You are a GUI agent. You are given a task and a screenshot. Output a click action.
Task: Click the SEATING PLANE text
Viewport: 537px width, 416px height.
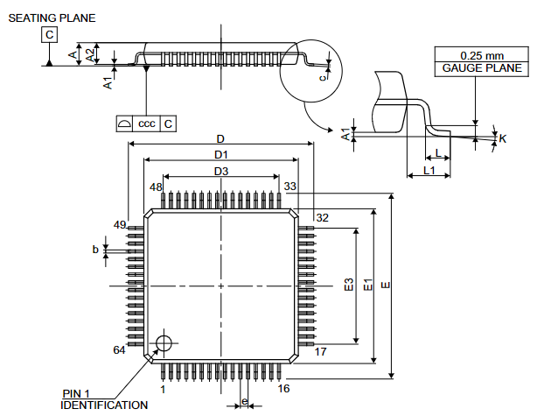(x=52, y=18)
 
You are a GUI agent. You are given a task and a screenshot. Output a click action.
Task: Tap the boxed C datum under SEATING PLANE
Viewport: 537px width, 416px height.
(x=49, y=35)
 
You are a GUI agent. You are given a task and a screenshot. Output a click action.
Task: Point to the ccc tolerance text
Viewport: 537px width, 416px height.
(x=146, y=123)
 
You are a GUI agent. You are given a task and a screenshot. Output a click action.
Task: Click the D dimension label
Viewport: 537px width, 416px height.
(x=220, y=139)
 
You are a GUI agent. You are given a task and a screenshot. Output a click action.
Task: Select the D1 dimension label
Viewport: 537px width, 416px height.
(x=220, y=155)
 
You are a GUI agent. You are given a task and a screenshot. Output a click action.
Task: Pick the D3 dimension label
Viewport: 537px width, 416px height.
(x=220, y=172)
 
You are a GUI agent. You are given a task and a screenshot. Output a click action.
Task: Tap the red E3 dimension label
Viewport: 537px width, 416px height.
(x=348, y=285)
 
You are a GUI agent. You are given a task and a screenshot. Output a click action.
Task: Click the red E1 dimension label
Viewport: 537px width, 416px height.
(x=368, y=285)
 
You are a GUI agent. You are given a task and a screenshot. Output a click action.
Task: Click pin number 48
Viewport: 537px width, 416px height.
(x=156, y=187)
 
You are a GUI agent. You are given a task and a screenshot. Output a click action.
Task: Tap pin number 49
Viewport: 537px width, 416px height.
(x=119, y=225)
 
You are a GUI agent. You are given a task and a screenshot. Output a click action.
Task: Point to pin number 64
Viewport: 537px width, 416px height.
(x=119, y=350)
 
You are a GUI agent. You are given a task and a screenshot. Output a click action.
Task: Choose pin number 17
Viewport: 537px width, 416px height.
(x=320, y=351)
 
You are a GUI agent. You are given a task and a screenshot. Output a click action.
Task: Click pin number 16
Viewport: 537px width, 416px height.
(x=283, y=388)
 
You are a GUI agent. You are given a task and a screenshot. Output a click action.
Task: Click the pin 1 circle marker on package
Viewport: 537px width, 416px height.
(x=163, y=342)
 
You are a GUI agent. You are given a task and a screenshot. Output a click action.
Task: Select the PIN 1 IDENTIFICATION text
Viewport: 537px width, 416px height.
(x=103, y=399)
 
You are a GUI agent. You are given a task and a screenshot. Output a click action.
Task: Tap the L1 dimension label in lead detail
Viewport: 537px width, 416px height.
(x=429, y=169)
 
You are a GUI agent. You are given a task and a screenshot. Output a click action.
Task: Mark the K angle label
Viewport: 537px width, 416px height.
(x=503, y=138)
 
